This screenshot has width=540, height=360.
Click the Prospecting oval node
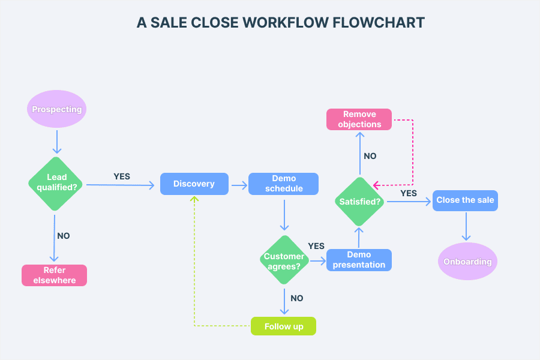57,109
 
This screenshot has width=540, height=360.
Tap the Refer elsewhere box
55,275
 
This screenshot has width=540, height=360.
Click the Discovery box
194,184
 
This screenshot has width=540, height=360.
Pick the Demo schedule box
284,184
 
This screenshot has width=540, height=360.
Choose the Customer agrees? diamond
284,260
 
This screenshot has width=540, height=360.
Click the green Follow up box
284,326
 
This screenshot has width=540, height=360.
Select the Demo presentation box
359,260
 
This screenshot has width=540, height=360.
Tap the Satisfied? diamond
359,202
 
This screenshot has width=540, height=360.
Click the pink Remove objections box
359,119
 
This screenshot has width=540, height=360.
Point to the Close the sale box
466,200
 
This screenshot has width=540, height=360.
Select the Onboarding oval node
467,262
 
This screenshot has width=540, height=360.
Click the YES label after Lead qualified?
122,176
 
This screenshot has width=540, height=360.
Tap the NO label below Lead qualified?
64,236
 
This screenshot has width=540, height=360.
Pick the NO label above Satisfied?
370,156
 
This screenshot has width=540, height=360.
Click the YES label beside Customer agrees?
316,246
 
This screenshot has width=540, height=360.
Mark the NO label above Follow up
296,298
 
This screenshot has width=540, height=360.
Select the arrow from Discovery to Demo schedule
239,185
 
